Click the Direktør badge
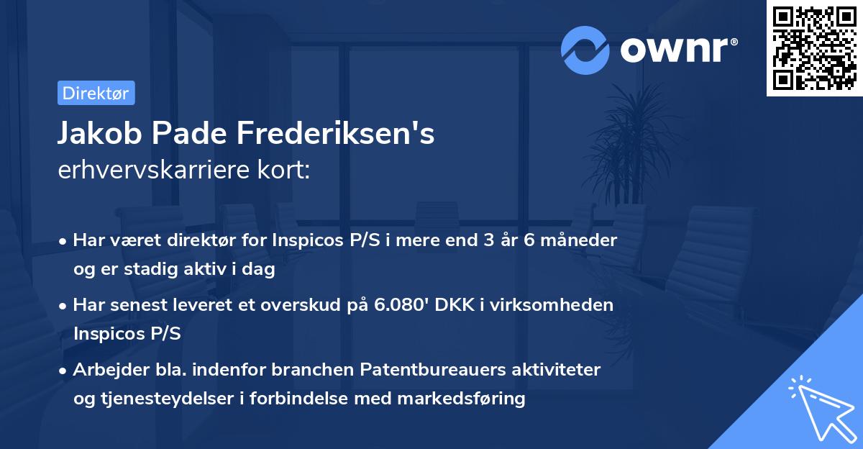click(x=96, y=93)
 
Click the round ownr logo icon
click(x=585, y=50)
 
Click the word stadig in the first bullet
click(x=158, y=268)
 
